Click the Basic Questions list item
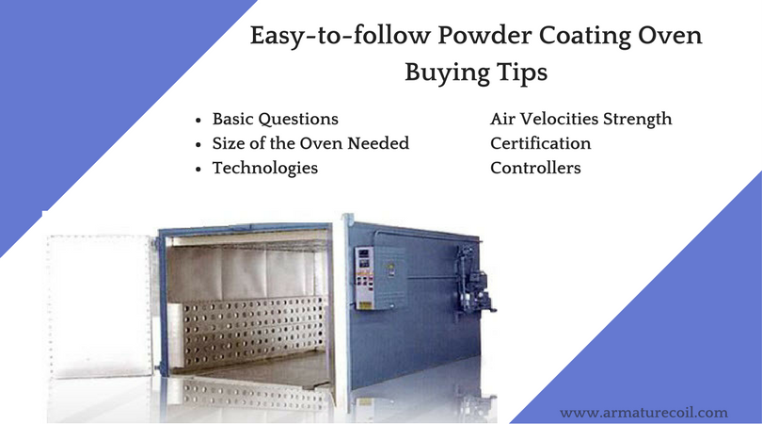[275, 119]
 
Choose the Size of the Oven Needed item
[310, 143]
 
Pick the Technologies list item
[265, 168]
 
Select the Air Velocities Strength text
[580, 119]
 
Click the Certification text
[540, 143]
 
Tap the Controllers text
[535, 168]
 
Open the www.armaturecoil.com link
[643, 413]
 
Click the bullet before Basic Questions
[198, 120]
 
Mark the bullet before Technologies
[198, 169]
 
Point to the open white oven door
[101, 305]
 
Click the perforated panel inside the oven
[254, 332]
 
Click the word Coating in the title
[584, 36]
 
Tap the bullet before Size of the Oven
[198, 144]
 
